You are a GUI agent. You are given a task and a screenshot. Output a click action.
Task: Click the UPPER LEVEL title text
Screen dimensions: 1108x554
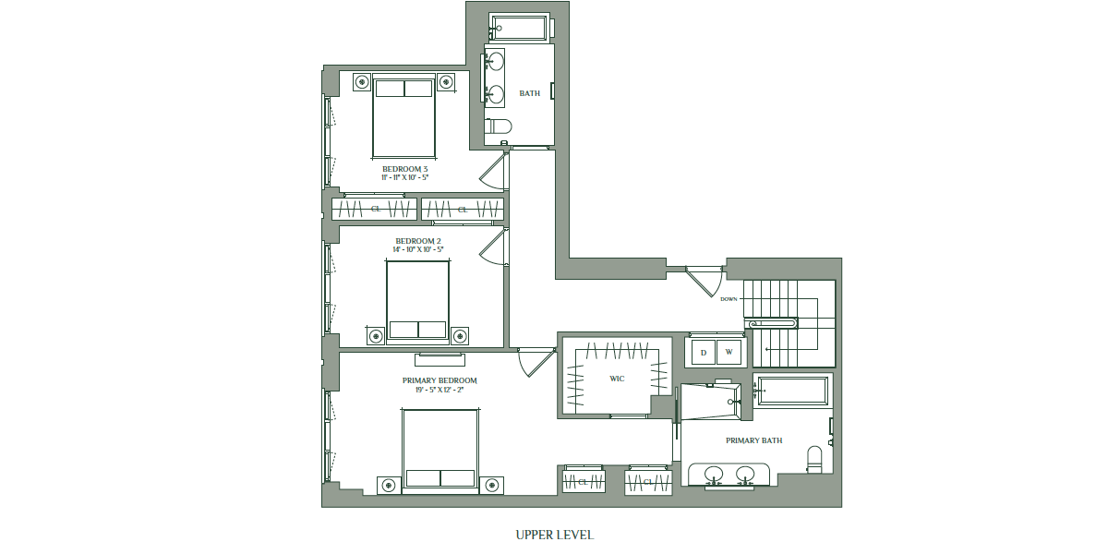click(x=555, y=535)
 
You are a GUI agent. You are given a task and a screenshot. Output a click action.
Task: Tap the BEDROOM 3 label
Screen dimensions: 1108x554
click(x=404, y=169)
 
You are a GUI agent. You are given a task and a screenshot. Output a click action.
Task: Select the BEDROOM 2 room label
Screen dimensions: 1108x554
click(x=418, y=241)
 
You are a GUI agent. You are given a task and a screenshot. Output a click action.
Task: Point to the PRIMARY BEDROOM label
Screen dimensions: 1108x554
click(x=440, y=380)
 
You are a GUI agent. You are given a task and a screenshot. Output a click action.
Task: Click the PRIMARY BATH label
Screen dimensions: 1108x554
click(x=753, y=440)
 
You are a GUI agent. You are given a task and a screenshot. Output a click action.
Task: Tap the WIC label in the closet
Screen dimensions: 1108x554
click(x=617, y=379)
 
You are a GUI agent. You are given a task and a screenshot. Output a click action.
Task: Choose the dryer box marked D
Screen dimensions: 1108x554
click(x=704, y=352)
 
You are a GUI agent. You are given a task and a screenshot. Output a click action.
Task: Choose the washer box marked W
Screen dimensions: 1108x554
click(x=729, y=352)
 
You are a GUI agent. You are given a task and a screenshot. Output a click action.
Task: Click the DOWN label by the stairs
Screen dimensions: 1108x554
click(x=729, y=299)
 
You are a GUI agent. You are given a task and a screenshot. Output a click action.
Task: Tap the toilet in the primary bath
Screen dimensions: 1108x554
click(x=814, y=459)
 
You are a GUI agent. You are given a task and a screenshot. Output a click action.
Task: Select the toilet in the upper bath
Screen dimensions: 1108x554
click(x=498, y=126)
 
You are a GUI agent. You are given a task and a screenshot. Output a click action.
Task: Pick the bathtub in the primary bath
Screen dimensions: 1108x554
click(x=792, y=391)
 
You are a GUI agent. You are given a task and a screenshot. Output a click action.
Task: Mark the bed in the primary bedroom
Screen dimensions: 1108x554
click(x=440, y=452)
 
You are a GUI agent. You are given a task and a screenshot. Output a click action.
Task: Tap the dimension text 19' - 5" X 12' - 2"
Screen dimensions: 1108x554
click(x=440, y=390)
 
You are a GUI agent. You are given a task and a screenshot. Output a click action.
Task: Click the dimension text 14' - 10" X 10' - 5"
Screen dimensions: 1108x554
click(x=418, y=249)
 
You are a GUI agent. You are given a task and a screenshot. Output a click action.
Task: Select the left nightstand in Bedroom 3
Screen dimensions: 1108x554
click(x=362, y=81)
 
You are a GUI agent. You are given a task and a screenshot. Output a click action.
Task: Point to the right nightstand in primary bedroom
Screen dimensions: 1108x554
click(x=491, y=486)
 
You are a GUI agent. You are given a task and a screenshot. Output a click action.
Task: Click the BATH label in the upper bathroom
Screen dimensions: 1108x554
click(x=530, y=93)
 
